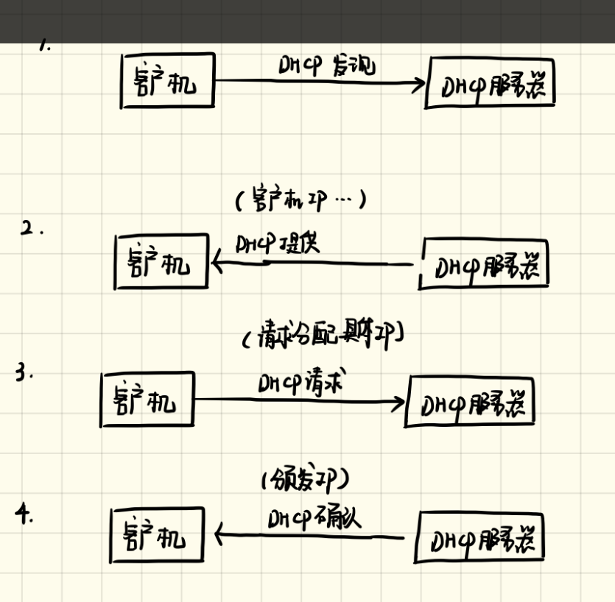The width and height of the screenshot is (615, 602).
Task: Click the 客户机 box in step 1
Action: (167, 80)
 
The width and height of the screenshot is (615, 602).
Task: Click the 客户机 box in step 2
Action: (161, 262)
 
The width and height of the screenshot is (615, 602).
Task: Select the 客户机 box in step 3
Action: (147, 400)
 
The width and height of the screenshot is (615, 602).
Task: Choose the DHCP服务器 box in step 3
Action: (470, 402)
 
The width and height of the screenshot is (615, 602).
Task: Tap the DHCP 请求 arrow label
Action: (302, 383)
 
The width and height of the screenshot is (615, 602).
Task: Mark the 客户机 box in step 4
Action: (156, 535)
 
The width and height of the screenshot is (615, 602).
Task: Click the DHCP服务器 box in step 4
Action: (481, 539)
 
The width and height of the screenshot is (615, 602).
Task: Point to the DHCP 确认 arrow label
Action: (314, 518)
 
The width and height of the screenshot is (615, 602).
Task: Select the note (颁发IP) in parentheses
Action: (304, 481)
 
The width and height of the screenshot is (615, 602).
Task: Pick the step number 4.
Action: (24, 514)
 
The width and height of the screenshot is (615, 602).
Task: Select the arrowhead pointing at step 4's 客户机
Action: (219, 533)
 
